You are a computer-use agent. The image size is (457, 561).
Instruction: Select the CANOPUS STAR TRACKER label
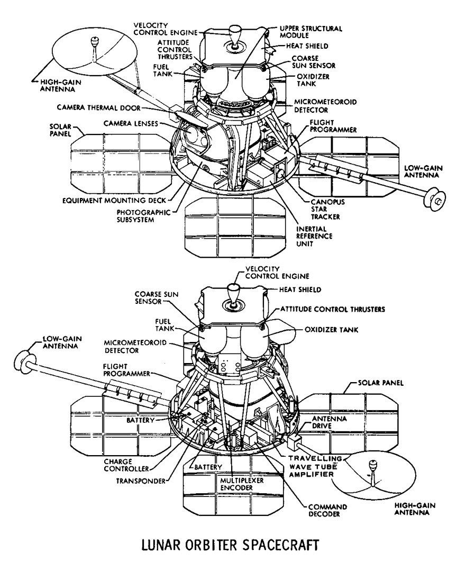pos(323,209)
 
